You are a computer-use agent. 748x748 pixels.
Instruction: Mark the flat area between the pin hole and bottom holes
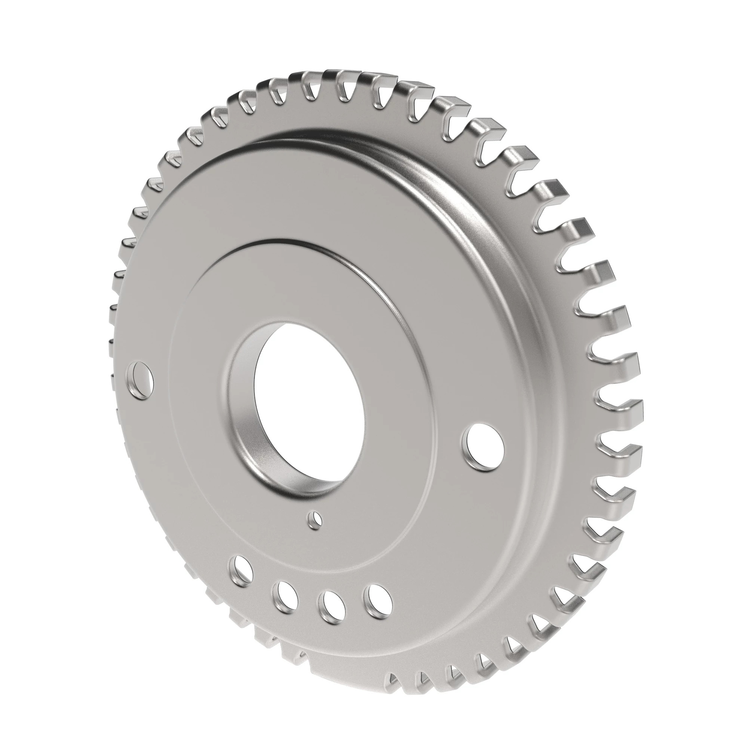pos(310,558)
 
